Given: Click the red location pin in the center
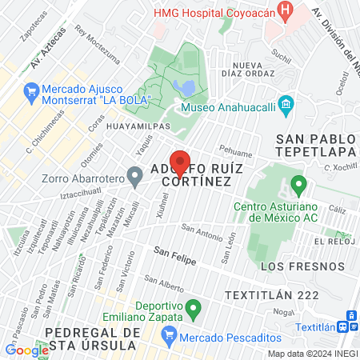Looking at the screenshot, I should pos(181,163).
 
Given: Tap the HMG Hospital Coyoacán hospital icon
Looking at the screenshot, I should pos(283,10).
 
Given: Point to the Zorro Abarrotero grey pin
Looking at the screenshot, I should pos(138,179).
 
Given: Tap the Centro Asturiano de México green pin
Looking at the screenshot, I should pos(299,186).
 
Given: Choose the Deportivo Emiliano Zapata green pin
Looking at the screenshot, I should pos(192,306).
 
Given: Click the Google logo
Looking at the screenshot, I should pos(26,350).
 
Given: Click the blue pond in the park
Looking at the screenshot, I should pos(182,86).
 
